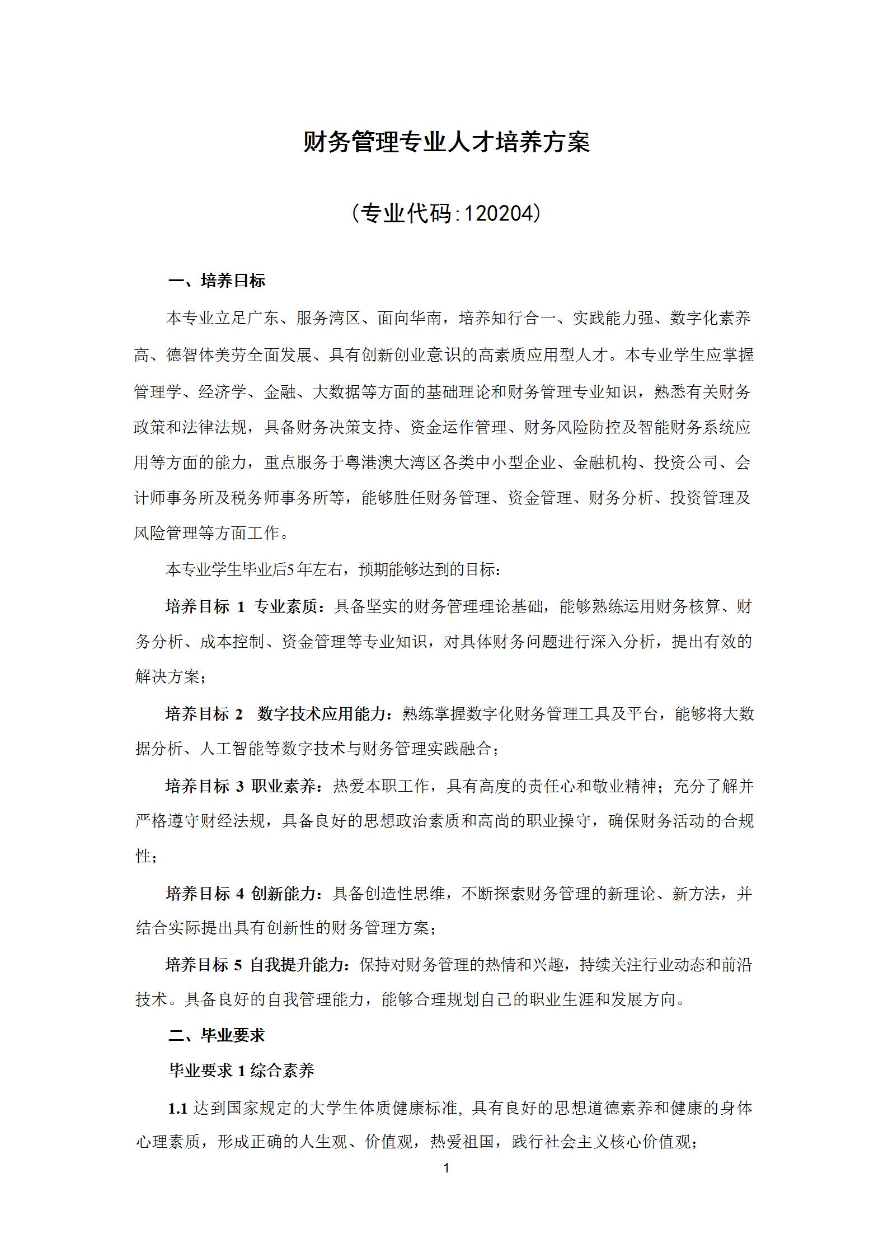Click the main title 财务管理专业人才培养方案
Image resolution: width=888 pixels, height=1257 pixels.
tap(446, 142)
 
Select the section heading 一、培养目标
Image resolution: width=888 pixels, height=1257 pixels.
tap(217, 281)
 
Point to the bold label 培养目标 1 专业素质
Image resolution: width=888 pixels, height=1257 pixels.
tap(242, 606)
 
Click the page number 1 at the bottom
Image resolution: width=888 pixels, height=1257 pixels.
tap(446, 1168)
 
